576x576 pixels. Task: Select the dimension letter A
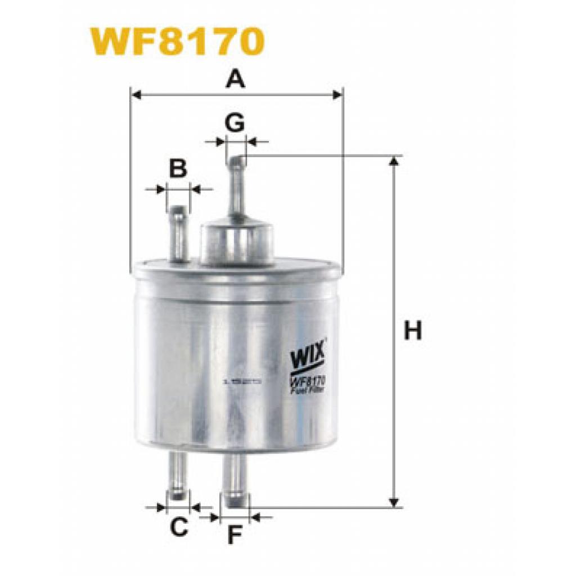[236, 79]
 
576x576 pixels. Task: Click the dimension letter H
[413, 331]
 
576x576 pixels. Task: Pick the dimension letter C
[178, 527]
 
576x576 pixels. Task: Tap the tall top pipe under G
[236, 188]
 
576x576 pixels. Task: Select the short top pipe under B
[178, 233]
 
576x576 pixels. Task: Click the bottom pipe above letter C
[178, 475]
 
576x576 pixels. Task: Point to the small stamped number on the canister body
[242, 381]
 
